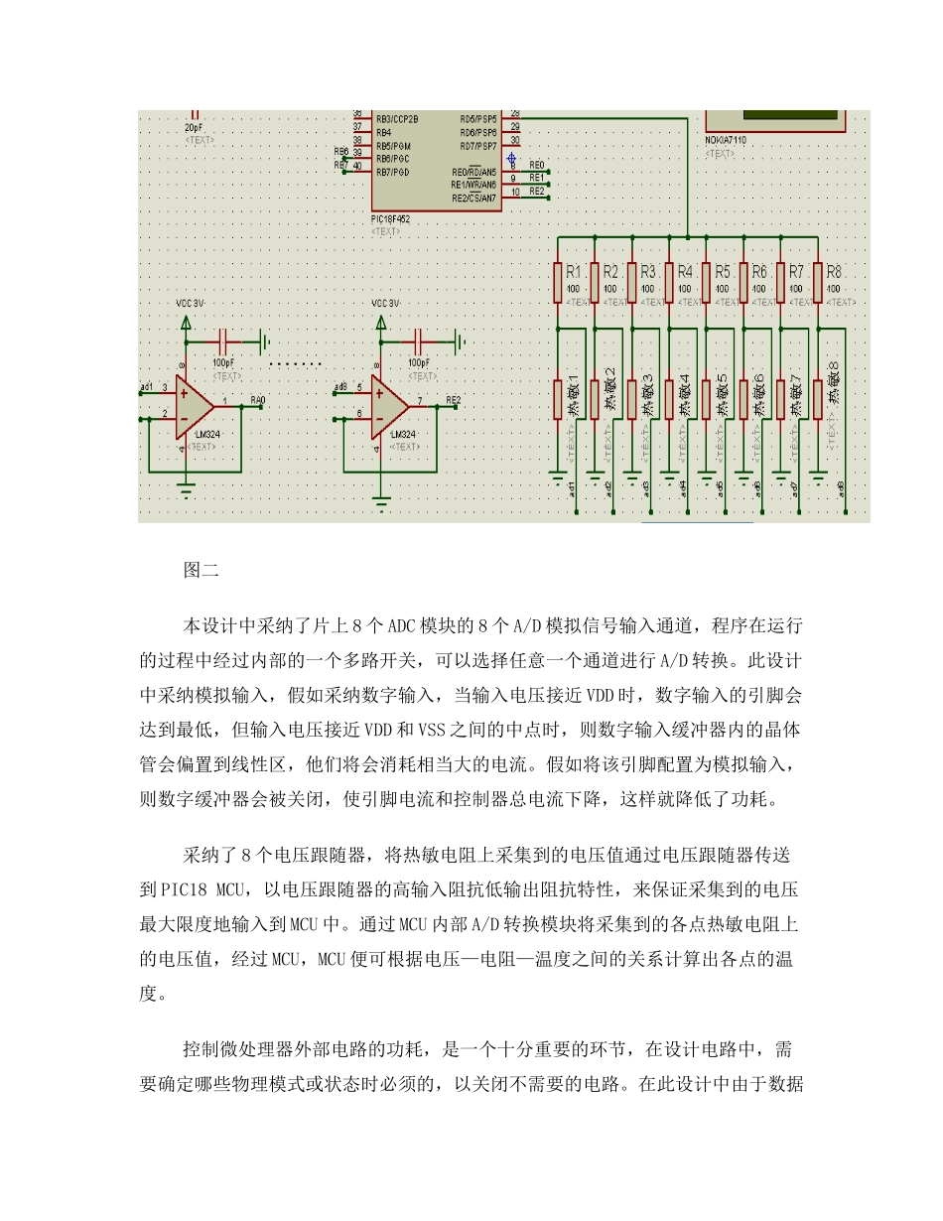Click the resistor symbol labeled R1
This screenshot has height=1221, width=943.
(x=557, y=281)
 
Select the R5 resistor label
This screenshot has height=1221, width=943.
(x=723, y=271)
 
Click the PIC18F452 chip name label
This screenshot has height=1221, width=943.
(x=390, y=218)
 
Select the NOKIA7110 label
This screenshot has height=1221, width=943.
(x=726, y=142)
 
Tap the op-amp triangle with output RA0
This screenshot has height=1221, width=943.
(x=194, y=407)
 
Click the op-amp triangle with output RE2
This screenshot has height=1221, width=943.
(x=390, y=407)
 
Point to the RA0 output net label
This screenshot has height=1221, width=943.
(x=258, y=400)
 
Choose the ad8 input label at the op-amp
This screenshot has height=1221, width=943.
(x=340, y=386)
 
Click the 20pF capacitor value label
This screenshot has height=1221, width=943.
(x=195, y=128)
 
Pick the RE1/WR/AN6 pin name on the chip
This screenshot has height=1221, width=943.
(x=473, y=185)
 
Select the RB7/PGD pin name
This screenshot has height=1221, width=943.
(x=394, y=172)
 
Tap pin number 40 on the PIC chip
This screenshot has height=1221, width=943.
(x=357, y=166)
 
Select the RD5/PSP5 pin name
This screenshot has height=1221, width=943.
(x=477, y=118)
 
